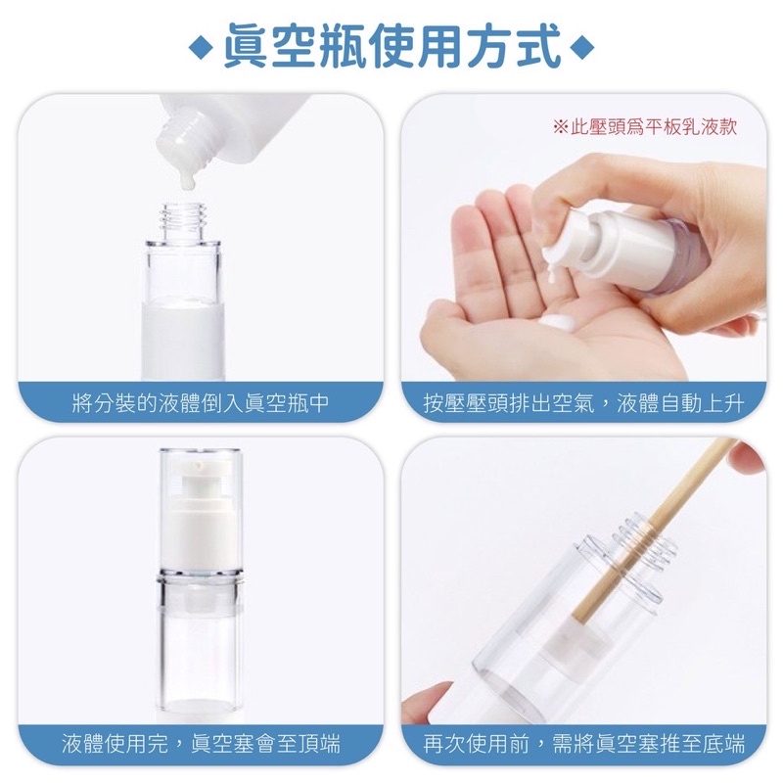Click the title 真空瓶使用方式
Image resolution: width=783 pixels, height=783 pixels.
391,46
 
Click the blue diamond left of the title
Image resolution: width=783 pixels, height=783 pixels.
202,48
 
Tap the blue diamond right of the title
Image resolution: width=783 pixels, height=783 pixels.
581,48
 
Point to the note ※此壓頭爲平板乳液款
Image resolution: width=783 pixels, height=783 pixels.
645,127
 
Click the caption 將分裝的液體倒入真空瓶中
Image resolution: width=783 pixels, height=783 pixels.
201,403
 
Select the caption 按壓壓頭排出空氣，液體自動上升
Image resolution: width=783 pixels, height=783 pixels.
583,403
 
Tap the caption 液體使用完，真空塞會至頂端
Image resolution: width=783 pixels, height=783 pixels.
201,744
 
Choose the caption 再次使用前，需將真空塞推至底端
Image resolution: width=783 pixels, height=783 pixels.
583,744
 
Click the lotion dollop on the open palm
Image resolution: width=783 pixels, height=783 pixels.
559,322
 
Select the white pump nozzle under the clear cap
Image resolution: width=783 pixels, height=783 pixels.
200,499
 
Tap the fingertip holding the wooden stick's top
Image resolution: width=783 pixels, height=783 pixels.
747,456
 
